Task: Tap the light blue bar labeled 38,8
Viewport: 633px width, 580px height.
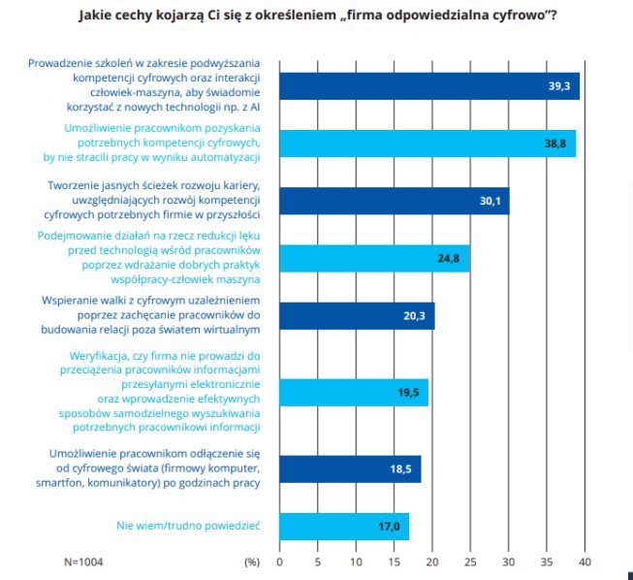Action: point(427,143)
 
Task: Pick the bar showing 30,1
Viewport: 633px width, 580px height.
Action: point(394,201)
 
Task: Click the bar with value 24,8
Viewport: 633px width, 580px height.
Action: point(374,258)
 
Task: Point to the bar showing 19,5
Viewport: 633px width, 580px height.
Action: point(354,392)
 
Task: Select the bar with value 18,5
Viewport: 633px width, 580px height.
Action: point(350,468)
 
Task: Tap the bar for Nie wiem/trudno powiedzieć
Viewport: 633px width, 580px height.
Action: point(344,526)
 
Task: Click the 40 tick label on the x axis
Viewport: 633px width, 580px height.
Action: point(585,562)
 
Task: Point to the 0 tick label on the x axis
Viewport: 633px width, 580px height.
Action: point(279,562)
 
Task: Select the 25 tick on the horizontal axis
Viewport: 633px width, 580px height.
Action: point(470,562)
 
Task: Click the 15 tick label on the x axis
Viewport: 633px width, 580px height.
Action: point(394,562)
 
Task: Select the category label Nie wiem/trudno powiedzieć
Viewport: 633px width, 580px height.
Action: point(189,527)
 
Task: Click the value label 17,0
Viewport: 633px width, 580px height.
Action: point(388,527)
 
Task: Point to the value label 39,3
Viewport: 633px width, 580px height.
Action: point(558,86)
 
